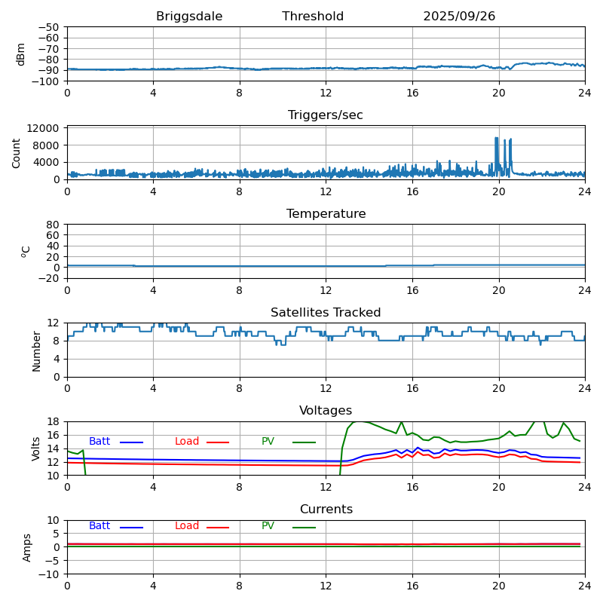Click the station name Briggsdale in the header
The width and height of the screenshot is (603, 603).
coord(189,17)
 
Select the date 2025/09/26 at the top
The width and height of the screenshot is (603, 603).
coord(459,17)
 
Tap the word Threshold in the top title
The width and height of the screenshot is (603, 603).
coord(313,17)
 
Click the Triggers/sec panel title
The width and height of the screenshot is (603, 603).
coord(326,115)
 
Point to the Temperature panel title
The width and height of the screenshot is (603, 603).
coord(326,214)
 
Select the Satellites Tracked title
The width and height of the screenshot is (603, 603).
coord(326,313)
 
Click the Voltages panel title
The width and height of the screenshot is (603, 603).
coord(326,411)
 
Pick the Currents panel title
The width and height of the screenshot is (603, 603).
coord(326,510)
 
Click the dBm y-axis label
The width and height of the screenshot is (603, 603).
coord(21,54)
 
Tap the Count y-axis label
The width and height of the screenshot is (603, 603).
coord(17,153)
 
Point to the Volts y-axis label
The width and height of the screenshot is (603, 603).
coord(36,448)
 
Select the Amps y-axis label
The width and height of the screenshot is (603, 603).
coord(27,547)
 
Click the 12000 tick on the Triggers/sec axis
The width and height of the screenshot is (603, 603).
coord(45,129)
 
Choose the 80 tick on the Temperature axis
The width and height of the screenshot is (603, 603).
coord(53,225)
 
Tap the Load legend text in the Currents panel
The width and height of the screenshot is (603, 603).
coord(186,526)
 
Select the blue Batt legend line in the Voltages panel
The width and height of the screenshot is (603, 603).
coord(131,442)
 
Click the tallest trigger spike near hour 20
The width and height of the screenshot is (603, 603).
coord(496,139)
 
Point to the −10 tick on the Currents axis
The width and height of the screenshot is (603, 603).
coord(51,574)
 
